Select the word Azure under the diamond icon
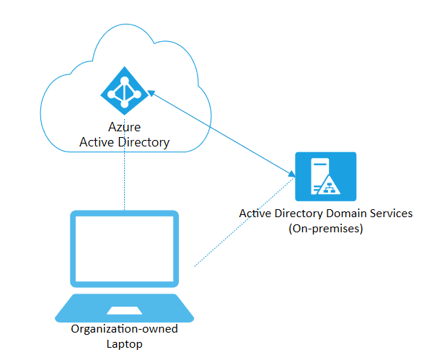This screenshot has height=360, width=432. [x=124, y=128]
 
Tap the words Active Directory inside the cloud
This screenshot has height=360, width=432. [x=124, y=142]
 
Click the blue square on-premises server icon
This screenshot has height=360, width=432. [x=325, y=177]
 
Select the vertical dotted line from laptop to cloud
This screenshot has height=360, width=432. [x=125, y=180]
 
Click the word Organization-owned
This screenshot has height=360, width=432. [x=124, y=329]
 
